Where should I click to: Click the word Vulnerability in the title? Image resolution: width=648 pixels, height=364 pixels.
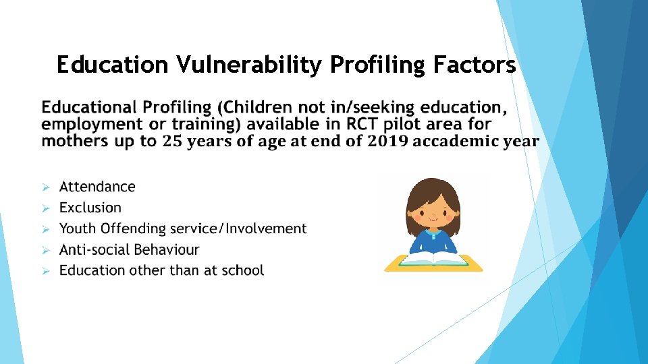click(x=250, y=65)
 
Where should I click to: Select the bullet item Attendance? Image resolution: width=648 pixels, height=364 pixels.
click(x=97, y=187)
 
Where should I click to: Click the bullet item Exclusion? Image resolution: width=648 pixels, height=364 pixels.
click(x=90, y=208)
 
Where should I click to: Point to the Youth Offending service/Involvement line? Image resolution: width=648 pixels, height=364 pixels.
click(x=183, y=229)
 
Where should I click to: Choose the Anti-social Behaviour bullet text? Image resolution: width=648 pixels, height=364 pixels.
click(x=130, y=249)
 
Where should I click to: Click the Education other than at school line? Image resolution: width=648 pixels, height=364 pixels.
click(x=161, y=270)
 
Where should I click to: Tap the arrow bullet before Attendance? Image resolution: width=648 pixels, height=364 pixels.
click(x=46, y=187)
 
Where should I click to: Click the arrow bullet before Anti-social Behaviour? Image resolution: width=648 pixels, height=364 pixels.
click(x=46, y=250)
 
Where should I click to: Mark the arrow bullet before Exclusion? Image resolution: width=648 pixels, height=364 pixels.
click(x=46, y=208)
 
